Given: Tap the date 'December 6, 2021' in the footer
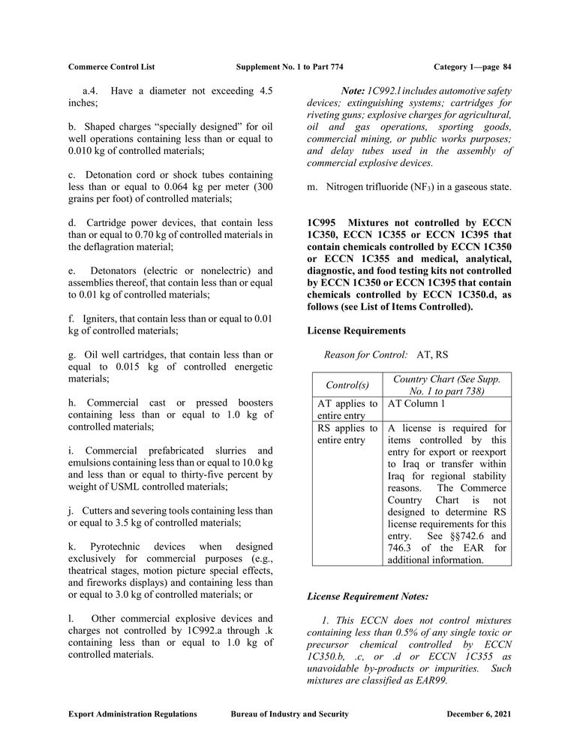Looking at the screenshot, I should [479, 714].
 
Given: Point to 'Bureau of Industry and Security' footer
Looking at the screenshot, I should [290, 714].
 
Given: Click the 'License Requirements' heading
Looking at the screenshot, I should [356, 330].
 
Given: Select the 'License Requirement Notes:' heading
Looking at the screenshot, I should [368, 596].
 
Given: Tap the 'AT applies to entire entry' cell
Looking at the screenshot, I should [346, 409].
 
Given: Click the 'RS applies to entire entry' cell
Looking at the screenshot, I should [346, 434].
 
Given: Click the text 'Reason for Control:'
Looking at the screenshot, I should [365, 354].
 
